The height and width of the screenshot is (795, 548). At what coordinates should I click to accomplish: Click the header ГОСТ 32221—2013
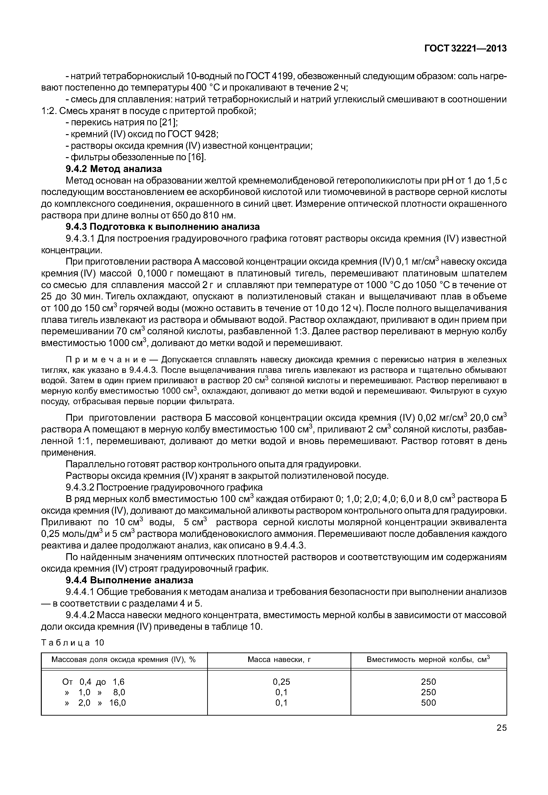click(465, 49)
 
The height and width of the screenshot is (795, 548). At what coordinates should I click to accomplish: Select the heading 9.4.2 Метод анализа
click(114, 169)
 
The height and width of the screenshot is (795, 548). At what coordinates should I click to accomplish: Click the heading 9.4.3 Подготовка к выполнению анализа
click(162, 227)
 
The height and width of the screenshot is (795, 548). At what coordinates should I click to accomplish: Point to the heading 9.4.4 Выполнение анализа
click(129, 580)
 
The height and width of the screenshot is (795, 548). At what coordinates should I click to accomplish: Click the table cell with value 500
click(429, 703)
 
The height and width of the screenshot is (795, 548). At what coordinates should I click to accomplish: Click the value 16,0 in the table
click(117, 703)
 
